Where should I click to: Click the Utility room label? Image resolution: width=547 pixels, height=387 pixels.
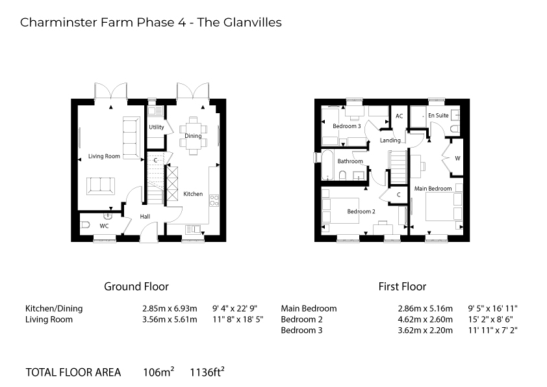coord(157,127)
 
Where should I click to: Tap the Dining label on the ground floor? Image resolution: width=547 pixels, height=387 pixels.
coord(193,136)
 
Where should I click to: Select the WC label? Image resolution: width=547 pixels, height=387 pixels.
coord(104,226)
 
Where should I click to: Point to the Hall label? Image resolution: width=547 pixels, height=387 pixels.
coord(145,217)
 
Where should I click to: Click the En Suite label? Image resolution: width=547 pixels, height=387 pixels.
coord(438,115)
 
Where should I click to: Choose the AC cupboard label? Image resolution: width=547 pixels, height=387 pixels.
coord(399,116)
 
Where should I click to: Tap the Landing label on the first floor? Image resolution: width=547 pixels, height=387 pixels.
coord(390,140)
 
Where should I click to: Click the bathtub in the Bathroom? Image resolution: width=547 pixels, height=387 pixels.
coord(328,165)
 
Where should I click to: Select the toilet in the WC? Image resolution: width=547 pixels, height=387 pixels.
coord(86,225)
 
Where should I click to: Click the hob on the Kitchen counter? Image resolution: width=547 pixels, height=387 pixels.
coord(214,201)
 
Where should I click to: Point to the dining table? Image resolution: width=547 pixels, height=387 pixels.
coord(193,135)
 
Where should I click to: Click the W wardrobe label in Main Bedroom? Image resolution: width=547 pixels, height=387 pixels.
coord(457,158)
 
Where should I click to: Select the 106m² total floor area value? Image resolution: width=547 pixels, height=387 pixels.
coord(159,371)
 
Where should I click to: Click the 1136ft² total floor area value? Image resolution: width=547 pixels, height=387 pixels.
coord(207,371)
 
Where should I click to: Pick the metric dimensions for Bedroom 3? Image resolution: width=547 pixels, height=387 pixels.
coord(425,330)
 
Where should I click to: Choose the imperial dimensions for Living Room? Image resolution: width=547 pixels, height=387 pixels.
coord(238,319)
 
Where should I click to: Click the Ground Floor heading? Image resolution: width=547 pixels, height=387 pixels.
coord(136,286)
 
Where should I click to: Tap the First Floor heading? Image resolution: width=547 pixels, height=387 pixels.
coord(402,286)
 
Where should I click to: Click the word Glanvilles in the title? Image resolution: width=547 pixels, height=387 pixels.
coord(252,22)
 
